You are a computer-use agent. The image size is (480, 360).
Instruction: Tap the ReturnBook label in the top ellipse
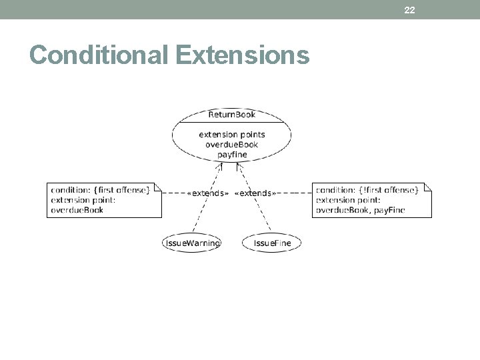[x=231, y=114]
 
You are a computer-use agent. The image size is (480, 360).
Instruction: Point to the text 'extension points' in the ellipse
[x=231, y=134]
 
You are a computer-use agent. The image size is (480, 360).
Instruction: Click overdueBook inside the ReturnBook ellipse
[x=231, y=144]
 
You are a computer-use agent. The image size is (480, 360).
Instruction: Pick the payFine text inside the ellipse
[x=231, y=154]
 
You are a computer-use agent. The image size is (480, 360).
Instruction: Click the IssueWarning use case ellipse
[x=192, y=243]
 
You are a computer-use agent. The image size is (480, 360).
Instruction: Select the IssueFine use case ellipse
[x=272, y=243]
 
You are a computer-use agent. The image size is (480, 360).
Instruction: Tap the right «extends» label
[x=254, y=193]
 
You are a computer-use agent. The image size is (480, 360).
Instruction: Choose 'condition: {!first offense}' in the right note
[x=367, y=190]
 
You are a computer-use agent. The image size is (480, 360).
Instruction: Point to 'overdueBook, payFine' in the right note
[x=360, y=210]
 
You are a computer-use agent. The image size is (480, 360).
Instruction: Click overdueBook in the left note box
[x=77, y=210]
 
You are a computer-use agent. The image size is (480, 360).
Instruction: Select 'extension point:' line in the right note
[x=347, y=200]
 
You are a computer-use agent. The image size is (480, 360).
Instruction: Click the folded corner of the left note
[x=159, y=185]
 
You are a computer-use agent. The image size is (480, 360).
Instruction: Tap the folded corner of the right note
[x=428, y=185]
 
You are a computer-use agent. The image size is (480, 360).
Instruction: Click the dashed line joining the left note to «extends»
[x=173, y=193]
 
